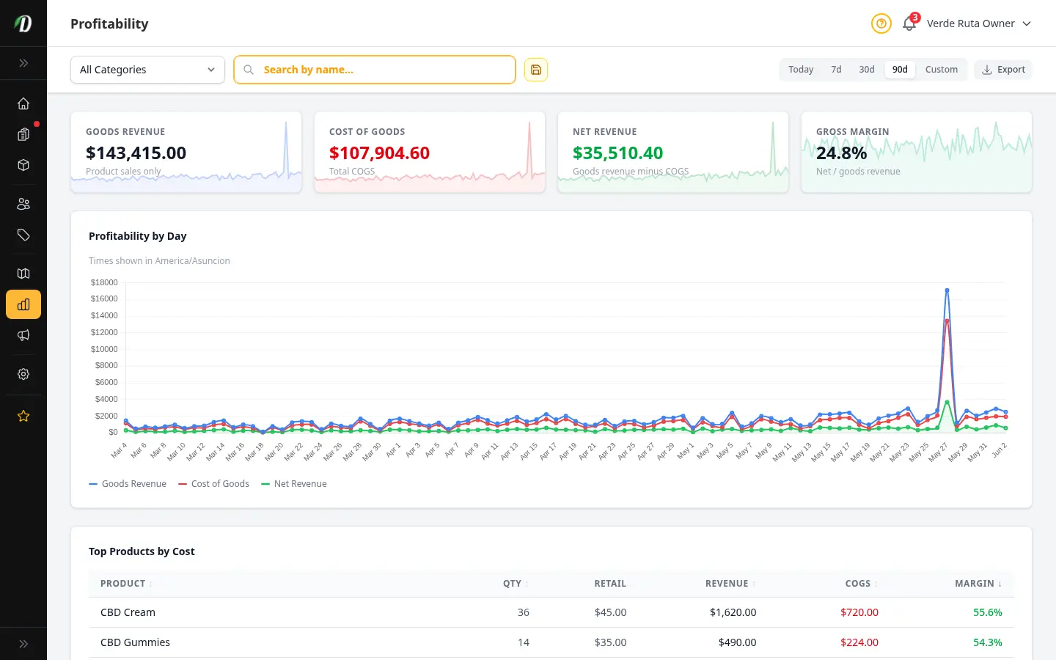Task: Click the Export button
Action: click(x=1003, y=69)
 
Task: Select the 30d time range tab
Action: click(x=867, y=69)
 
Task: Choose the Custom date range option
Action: click(x=941, y=69)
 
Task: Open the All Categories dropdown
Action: click(x=147, y=70)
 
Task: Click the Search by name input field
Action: click(x=374, y=70)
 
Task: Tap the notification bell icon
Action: click(x=909, y=23)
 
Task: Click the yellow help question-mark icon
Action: click(x=881, y=23)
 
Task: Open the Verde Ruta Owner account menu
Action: click(x=979, y=23)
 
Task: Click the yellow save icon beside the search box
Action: click(x=535, y=70)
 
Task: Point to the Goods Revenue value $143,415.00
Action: click(x=136, y=153)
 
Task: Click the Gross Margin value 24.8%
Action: click(x=842, y=153)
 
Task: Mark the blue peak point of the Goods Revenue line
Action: click(x=947, y=290)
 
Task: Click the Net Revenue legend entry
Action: click(x=293, y=484)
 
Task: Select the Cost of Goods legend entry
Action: click(x=213, y=484)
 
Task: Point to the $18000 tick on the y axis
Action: click(x=104, y=282)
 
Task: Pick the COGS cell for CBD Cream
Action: click(x=859, y=612)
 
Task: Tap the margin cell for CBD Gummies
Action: click(x=988, y=642)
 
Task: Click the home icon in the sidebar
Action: click(x=23, y=103)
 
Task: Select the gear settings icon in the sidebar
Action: click(x=23, y=374)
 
